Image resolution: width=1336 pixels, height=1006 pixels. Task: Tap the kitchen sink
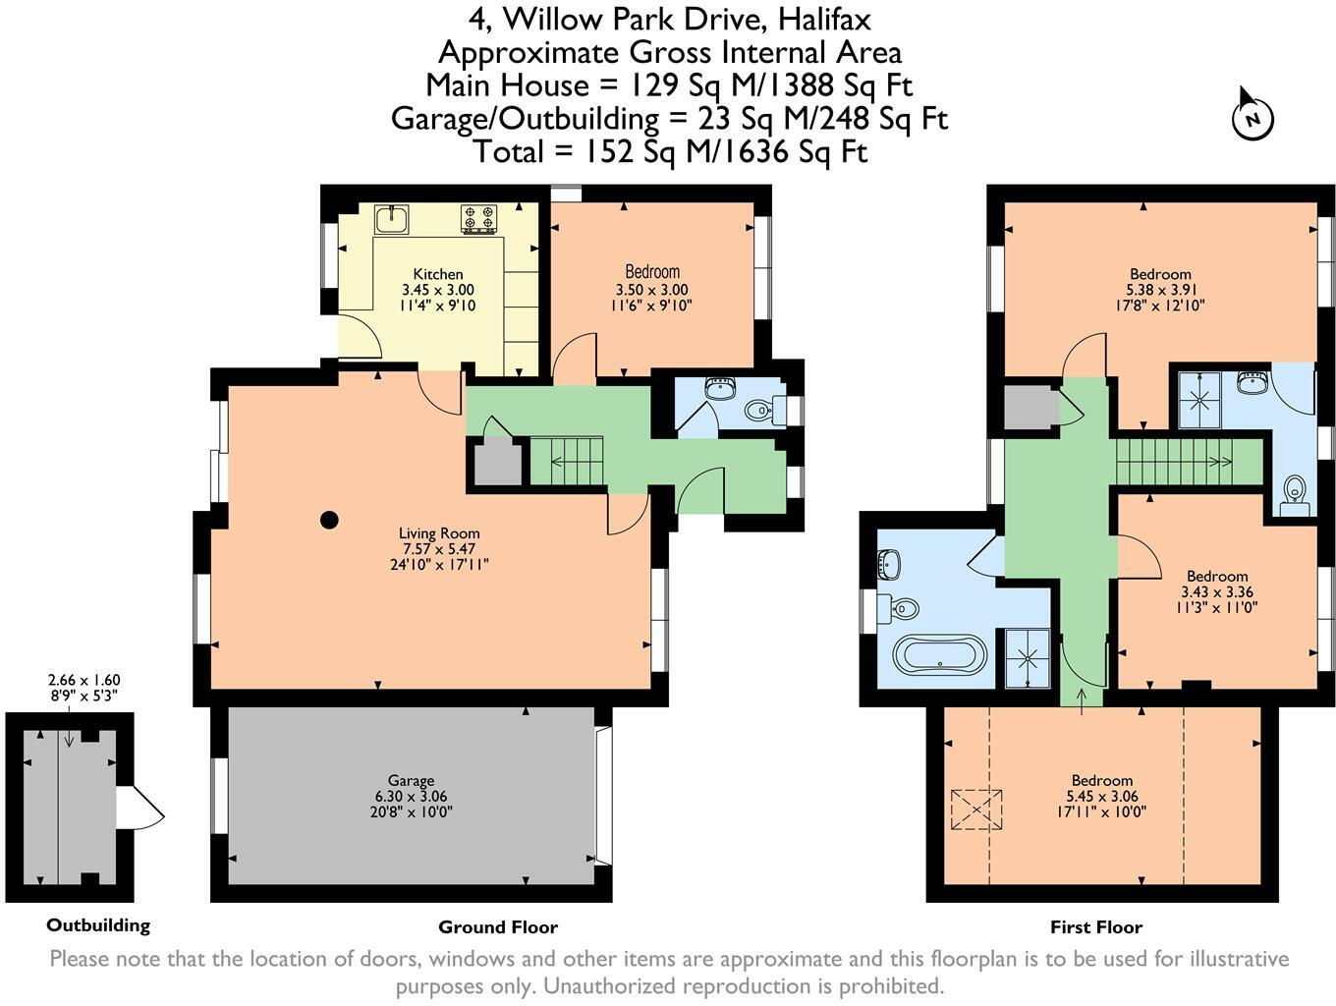391,219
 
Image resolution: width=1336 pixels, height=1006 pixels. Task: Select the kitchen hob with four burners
478,219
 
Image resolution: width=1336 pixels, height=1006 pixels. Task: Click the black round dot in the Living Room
329,520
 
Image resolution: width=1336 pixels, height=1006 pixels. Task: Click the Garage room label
412,780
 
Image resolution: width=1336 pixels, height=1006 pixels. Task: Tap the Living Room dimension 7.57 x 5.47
438,548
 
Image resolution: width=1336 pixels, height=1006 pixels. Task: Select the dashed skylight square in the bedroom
976,810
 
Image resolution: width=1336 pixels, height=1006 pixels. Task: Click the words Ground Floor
498,926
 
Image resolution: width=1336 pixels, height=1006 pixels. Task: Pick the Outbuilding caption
98,925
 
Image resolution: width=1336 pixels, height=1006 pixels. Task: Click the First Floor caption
1096,926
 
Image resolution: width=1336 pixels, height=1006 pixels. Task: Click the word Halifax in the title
825,19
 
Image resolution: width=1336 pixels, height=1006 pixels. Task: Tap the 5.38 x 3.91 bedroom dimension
1161,290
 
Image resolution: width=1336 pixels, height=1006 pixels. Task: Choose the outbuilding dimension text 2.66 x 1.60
84,680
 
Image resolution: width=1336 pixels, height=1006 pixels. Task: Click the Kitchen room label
438,274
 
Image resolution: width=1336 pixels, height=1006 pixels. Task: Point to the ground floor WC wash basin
721,388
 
